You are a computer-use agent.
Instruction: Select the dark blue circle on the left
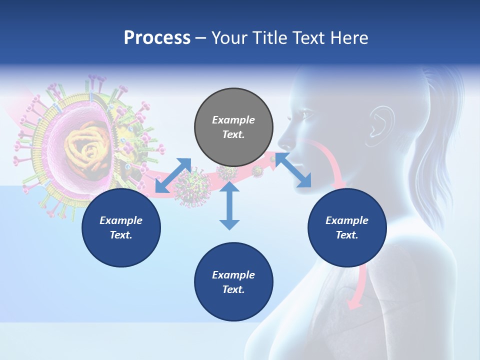click(x=121, y=227)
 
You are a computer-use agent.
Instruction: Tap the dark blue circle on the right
click(x=347, y=227)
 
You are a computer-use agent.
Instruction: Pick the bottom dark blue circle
click(x=233, y=281)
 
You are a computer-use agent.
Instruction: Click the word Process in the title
click(x=157, y=38)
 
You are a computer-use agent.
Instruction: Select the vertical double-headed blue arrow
click(x=229, y=206)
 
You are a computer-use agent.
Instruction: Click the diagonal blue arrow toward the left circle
click(x=173, y=175)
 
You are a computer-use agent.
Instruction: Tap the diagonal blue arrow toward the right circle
click(x=293, y=170)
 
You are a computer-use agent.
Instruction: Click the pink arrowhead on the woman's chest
click(x=354, y=302)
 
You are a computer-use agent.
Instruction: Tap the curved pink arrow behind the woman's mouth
click(x=330, y=160)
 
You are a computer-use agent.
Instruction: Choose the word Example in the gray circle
click(x=233, y=120)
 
